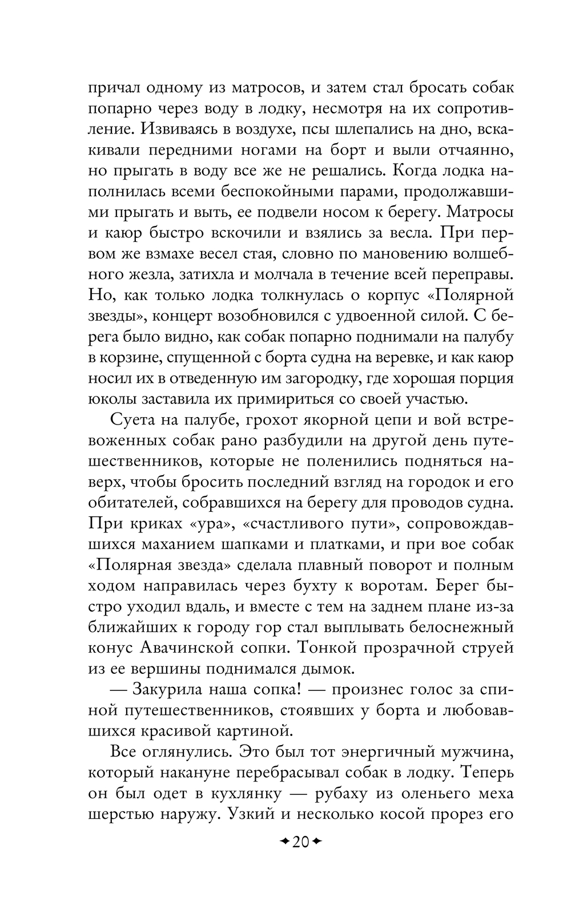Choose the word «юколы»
tap(112, 399)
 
